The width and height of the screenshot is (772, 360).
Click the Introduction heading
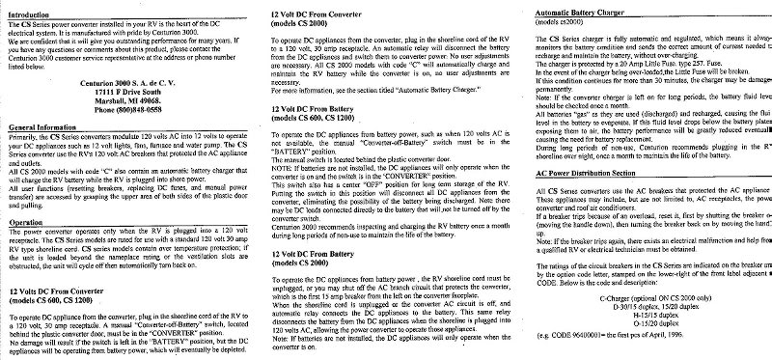[29, 16]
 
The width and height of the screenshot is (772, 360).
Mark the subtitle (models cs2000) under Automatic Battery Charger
[559, 22]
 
